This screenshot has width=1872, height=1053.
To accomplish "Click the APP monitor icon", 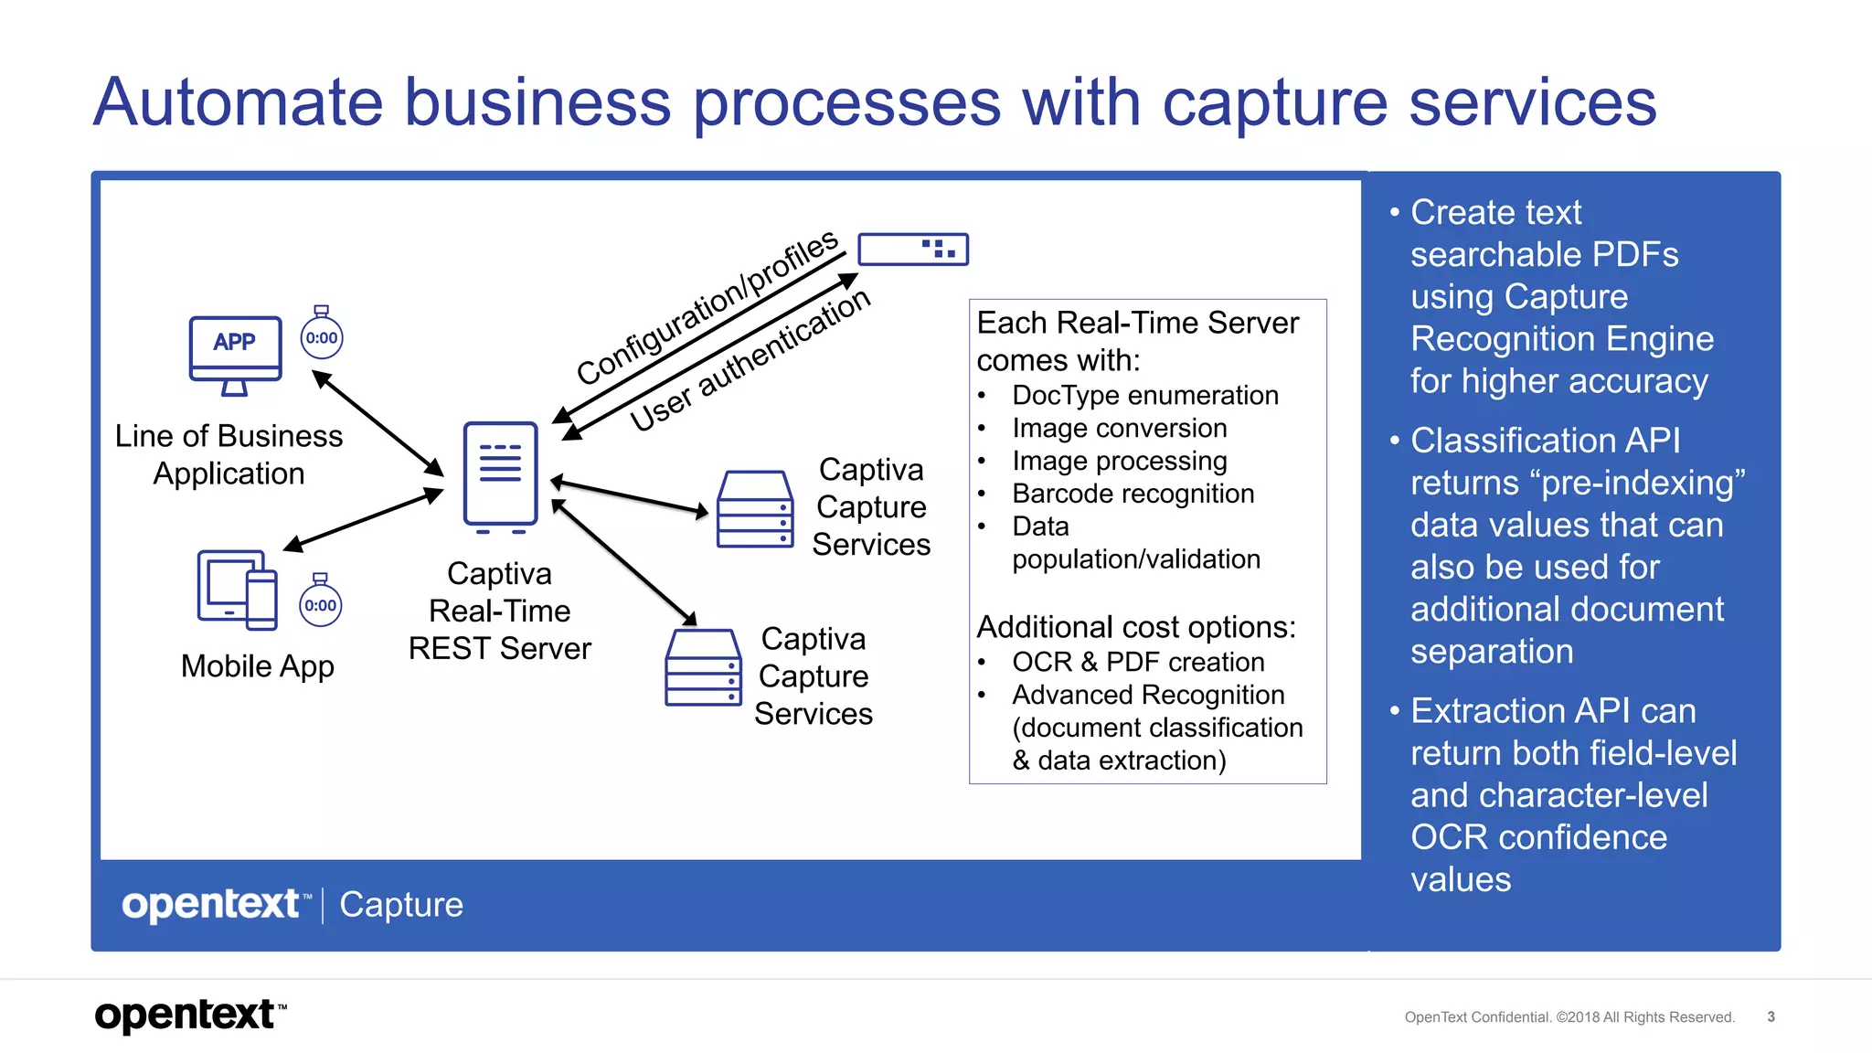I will pyautogui.click(x=235, y=353).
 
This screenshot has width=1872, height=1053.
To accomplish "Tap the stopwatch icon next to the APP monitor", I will pyautogui.click(x=322, y=336).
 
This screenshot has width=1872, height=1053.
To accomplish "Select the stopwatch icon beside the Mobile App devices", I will pyautogui.click(x=320, y=603).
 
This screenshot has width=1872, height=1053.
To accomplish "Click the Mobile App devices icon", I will pyautogui.click(x=237, y=590).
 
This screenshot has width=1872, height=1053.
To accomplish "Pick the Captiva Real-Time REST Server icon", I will pyautogui.click(x=500, y=476).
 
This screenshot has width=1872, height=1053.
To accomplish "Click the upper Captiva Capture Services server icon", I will pyautogui.click(x=754, y=509).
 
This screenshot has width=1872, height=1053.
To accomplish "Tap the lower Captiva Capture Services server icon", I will pyautogui.click(x=703, y=667).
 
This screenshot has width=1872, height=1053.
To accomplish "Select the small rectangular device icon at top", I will pyautogui.click(x=912, y=249).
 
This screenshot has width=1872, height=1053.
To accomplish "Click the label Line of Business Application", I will pyautogui.click(x=229, y=454).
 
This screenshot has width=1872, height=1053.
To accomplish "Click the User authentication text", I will pyautogui.click(x=750, y=360).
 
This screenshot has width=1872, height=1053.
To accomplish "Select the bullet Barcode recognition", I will pyautogui.click(x=1133, y=494).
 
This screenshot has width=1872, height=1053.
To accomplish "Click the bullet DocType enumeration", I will pyautogui.click(x=1144, y=395).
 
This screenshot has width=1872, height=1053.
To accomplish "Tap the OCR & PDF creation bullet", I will pyautogui.click(x=1138, y=662).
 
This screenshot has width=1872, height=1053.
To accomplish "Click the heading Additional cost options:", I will pyautogui.click(x=1136, y=627).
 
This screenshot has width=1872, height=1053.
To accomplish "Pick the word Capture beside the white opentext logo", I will pyautogui.click(x=401, y=904).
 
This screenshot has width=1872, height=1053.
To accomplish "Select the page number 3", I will pyautogui.click(x=1771, y=1016).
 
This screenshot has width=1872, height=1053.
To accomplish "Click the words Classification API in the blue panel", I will pyautogui.click(x=1545, y=441).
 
